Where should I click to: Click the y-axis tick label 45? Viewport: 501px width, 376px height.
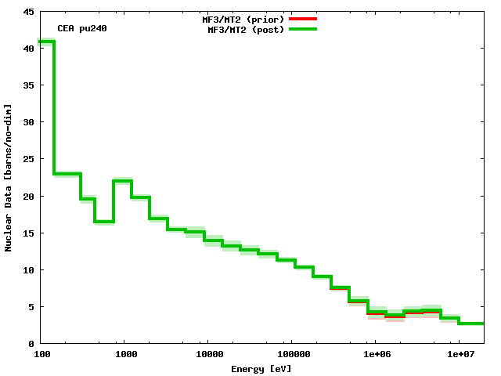click(28, 12)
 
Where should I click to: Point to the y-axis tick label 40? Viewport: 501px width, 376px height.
click(28, 49)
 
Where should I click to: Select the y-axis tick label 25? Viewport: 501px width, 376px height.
click(28, 159)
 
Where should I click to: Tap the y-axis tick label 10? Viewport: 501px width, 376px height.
click(28, 270)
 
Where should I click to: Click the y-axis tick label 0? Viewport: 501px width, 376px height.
click(31, 344)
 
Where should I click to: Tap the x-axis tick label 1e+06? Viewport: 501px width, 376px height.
click(375, 355)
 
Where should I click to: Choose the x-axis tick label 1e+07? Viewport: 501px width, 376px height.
click(459, 355)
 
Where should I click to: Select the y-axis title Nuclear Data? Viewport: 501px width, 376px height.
click(9, 178)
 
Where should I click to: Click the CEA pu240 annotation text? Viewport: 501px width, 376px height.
click(82, 29)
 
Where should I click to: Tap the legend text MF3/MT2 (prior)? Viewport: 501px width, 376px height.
click(243, 19)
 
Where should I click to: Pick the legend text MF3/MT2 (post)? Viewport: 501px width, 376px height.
click(246, 30)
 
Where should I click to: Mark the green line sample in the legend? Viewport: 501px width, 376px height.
click(303, 29)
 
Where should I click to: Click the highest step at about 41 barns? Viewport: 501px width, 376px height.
click(45, 42)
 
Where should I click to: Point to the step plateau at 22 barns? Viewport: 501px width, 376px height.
click(122, 181)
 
